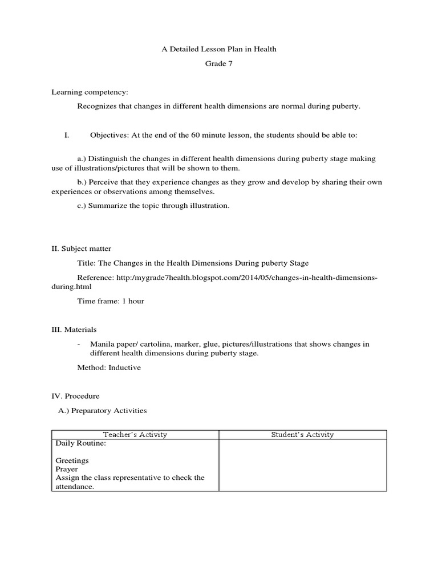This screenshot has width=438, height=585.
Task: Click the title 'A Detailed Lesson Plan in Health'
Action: pyautogui.click(x=219, y=49)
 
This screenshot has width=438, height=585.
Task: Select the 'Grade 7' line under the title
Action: pyautogui.click(x=219, y=64)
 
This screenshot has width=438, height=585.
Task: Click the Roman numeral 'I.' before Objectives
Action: pyautogui.click(x=67, y=135)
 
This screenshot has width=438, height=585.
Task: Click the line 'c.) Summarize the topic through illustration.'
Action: pyautogui.click(x=153, y=206)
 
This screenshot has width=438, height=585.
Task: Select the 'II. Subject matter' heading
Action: pyautogui.click(x=82, y=249)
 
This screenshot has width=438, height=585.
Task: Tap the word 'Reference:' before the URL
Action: pyautogui.click(x=95, y=277)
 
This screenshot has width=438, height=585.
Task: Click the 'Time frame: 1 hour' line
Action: pyautogui.click(x=111, y=300)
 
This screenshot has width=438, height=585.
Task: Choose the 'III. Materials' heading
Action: pyautogui.click(x=74, y=330)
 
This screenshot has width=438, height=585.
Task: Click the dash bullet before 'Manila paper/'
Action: pyautogui.click(x=79, y=344)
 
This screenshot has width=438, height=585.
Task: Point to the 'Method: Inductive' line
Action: pyautogui.click(x=109, y=367)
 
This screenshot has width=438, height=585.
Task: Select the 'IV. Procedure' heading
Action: pyautogui.click(x=75, y=396)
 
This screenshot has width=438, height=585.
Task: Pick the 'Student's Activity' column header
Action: pyautogui.click(x=302, y=435)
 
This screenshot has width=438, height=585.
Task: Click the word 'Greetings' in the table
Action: pyautogui.click(x=72, y=460)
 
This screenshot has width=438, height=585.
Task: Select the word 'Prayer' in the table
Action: pyautogui.click(x=67, y=469)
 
